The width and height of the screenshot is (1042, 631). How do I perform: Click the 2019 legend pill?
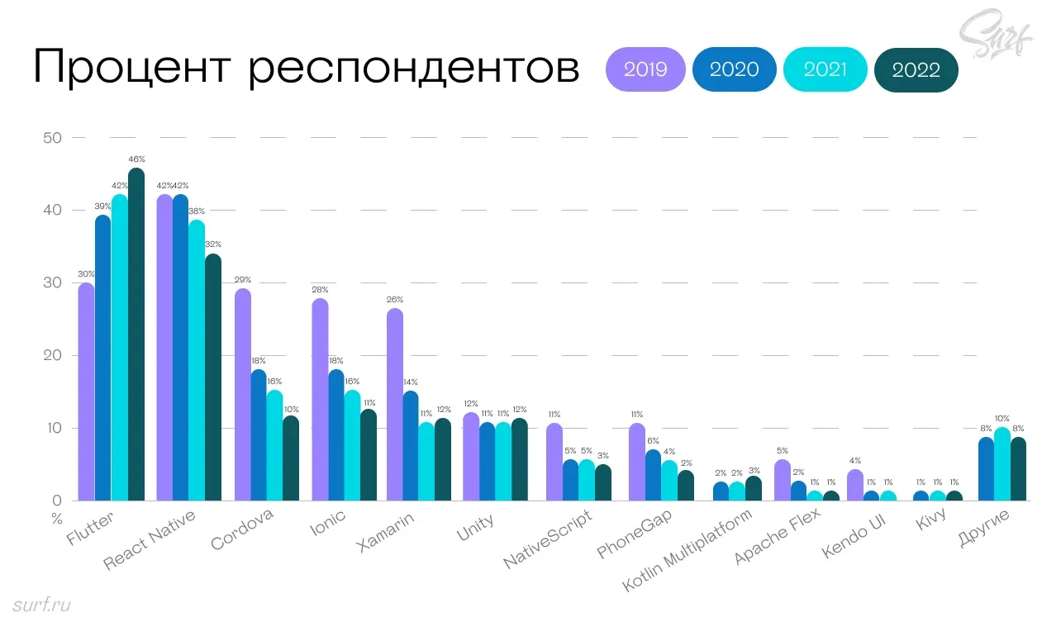pyautogui.click(x=645, y=69)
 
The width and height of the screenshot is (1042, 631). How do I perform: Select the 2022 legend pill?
pyautogui.click(x=916, y=70)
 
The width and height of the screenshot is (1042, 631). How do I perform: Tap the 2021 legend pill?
pyautogui.click(x=825, y=69)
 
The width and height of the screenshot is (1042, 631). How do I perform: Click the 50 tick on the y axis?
pyautogui.click(x=52, y=138)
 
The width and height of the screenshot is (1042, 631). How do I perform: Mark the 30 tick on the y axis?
pyautogui.click(x=52, y=282)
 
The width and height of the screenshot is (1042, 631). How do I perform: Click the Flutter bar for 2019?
pyautogui.click(x=86, y=391)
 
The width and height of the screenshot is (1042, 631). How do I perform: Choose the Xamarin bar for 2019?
pyautogui.click(x=395, y=405)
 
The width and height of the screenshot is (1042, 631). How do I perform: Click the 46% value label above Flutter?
pyautogui.click(x=136, y=159)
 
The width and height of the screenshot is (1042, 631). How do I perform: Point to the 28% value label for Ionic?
pyautogui.click(x=320, y=290)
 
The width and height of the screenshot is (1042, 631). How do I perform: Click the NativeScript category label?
pyautogui.click(x=549, y=541)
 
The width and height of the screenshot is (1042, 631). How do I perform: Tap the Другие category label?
pyautogui.click(x=983, y=530)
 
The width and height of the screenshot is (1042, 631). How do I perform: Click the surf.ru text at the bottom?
pyautogui.click(x=42, y=605)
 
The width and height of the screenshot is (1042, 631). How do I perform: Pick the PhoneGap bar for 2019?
pyautogui.click(x=636, y=462)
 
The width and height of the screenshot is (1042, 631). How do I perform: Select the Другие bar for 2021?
pyautogui.click(x=1002, y=464)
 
